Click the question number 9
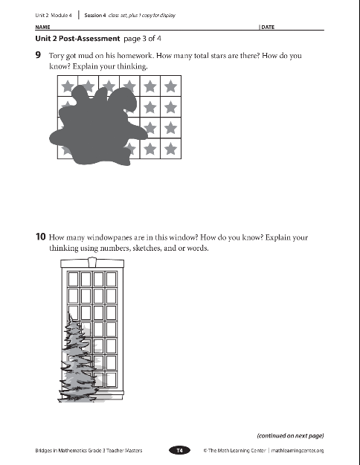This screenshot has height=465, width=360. pyautogui.click(x=38, y=55)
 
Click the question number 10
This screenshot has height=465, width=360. pyautogui.click(x=41, y=237)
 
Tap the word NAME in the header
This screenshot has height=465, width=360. pyautogui.click(x=42, y=27)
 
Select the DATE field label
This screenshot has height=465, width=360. pyautogui.click(x=268, y=27)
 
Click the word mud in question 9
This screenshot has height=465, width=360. pyautogui.click(x=86, y=56)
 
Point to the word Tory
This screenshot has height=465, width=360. pyautogui.click(x=57, y=56)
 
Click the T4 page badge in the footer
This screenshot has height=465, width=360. pyautogui.click(x=180, y=450)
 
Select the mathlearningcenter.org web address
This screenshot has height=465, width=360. pyautogui.click(x=298, y=450)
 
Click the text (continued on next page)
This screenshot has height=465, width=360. pyautogui.click(x=290, y=436)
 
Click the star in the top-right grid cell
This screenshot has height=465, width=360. pyautogui.click(x=170, y=86)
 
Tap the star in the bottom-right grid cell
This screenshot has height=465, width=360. pyautogui.click(x=170, y=149)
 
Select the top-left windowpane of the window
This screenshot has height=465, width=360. pyautogui.click(x=73, y=279)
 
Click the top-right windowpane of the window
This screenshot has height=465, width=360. pyautogui.click(x=112, y=279)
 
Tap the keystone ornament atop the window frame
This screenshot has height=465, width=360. pyautogui.click(x=92, y=262)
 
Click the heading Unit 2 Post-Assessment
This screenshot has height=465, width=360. pyautogui.click(x=77, y=39)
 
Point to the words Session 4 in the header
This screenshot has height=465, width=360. pyautogui.click(x=95, y=15)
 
